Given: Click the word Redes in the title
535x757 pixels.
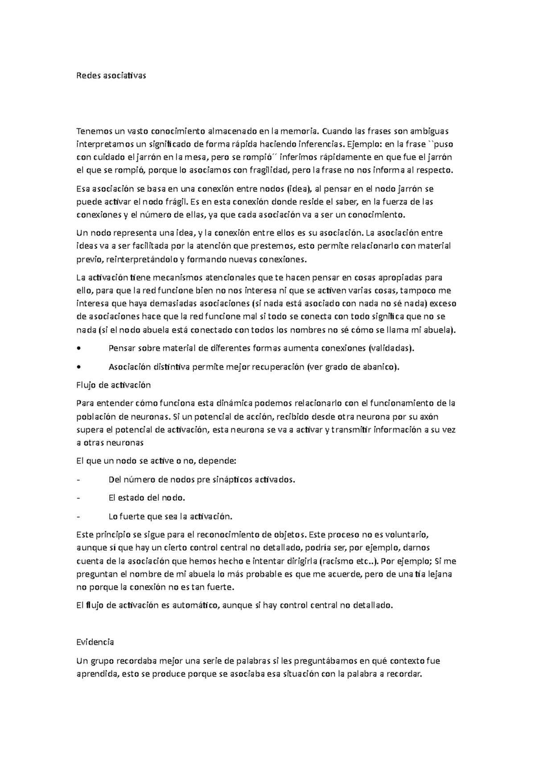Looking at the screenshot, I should click(x=87, y=75).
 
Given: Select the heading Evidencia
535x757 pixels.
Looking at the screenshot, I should click(x=95, y=642).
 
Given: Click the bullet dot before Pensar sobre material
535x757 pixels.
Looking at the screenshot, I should click(x=79, y=349).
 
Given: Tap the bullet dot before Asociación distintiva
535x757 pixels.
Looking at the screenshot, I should click(x=79, y=367).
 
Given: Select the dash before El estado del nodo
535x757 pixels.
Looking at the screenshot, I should click(x=79, y=498).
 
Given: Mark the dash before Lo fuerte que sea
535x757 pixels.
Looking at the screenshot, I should click(x=79, y=517).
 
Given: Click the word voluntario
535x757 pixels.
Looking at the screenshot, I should click(x=406, y=534).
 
